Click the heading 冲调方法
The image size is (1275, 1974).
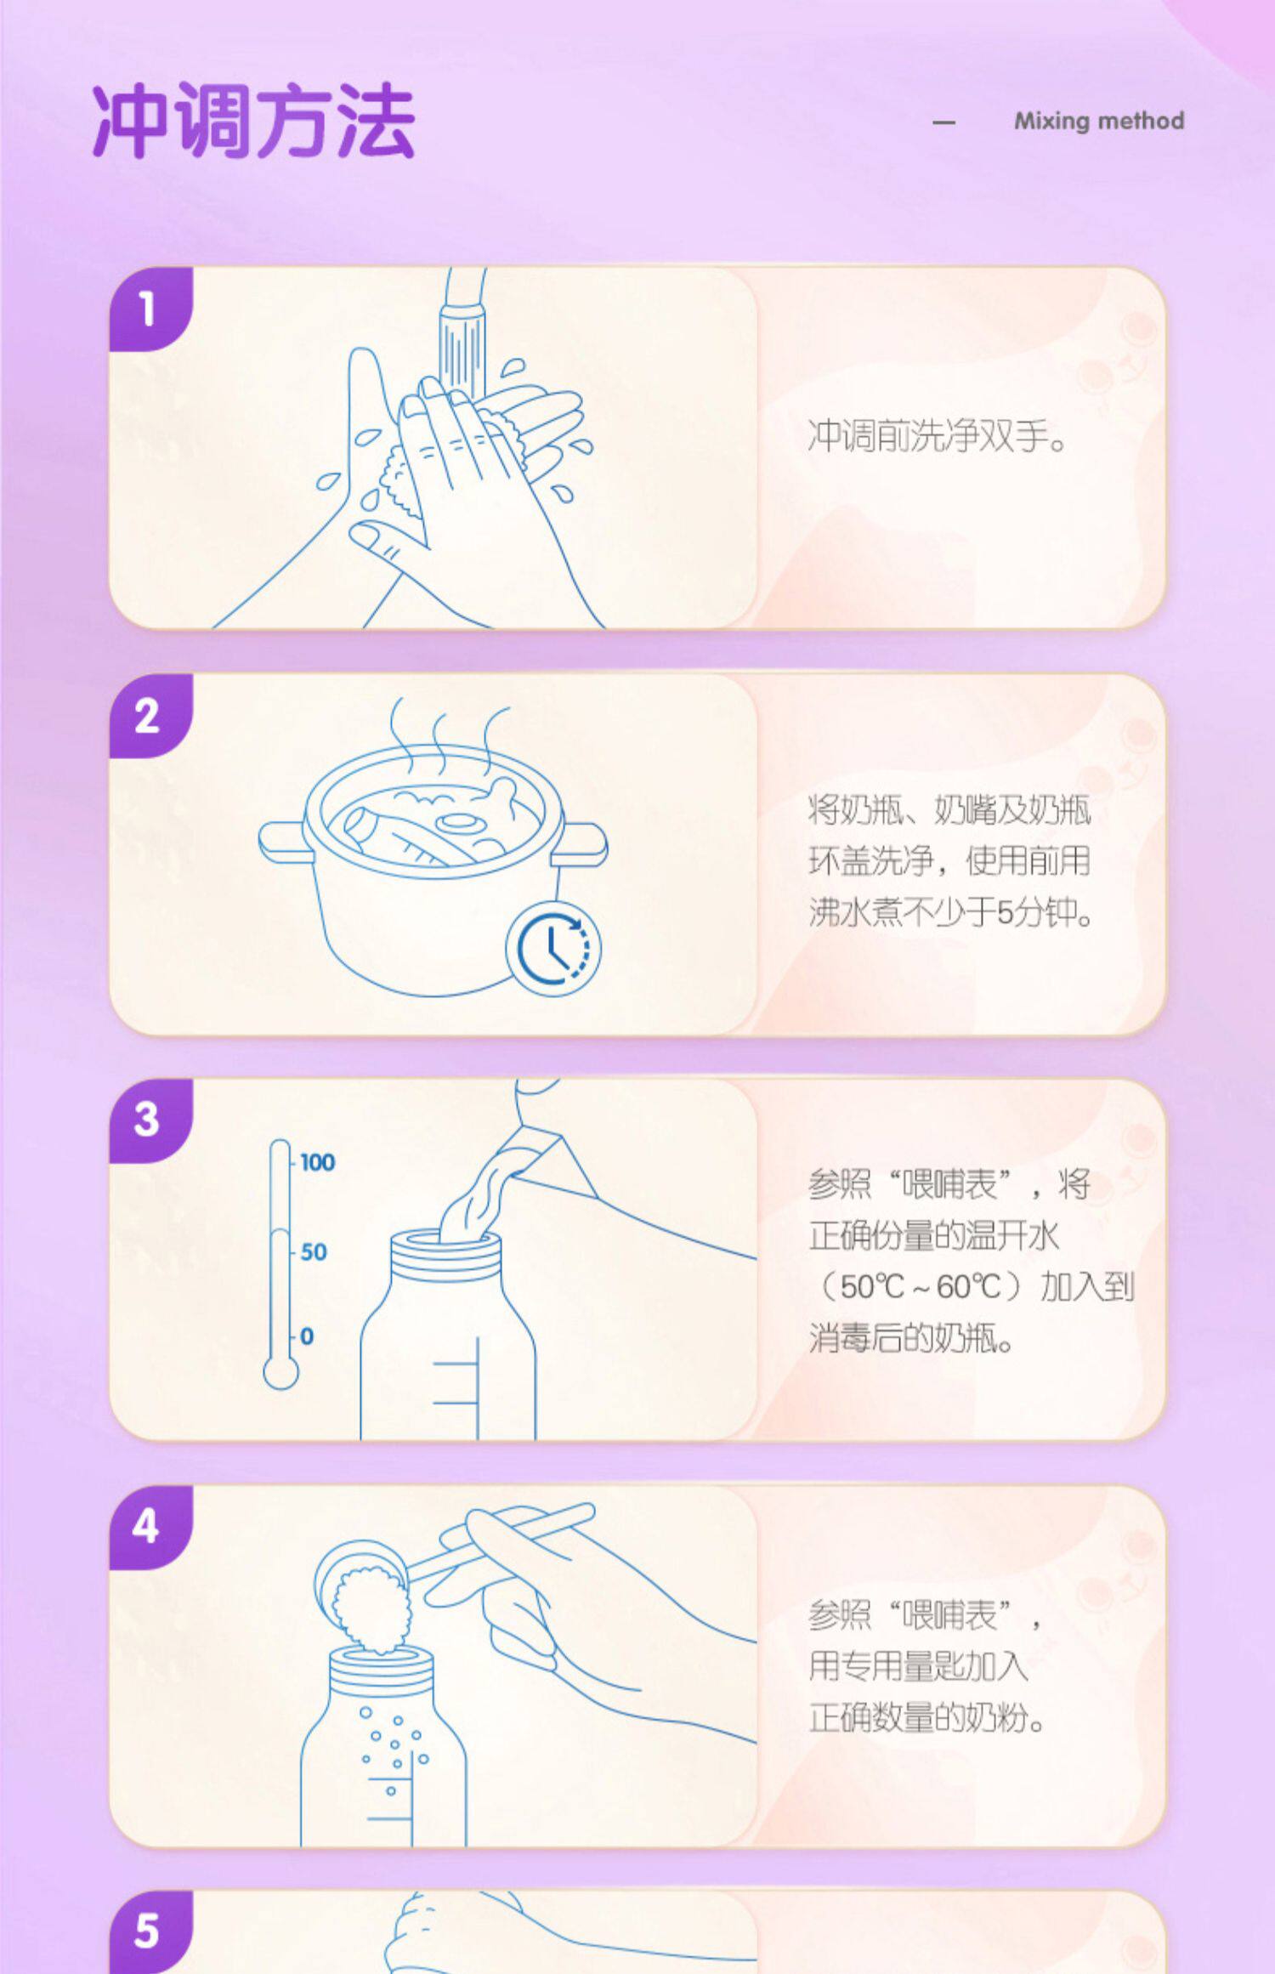click(253, 122)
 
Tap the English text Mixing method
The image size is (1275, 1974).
click(1099, 121)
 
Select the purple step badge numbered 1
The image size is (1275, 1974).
click(150, 309)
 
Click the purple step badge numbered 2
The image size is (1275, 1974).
click(150, 716)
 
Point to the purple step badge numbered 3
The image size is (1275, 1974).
click(150, 1120)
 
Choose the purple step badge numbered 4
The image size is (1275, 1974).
click(150, 1527)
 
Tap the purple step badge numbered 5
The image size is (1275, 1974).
click(150, 1931)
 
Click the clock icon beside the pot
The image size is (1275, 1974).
click(553, 948)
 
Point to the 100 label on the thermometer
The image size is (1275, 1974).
click(317, 1162)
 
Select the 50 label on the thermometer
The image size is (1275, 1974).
click(314, 1252)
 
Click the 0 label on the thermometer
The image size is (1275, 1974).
click(307, 1336)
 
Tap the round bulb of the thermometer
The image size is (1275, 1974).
click(280, 1372)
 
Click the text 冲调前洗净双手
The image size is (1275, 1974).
click(937, 436)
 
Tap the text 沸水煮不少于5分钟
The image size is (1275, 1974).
click(950, 913)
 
